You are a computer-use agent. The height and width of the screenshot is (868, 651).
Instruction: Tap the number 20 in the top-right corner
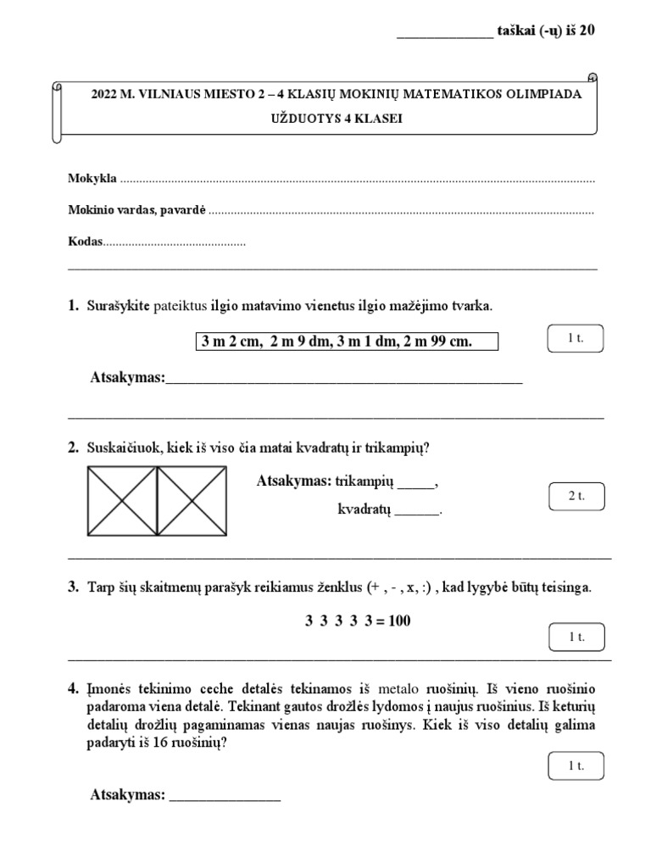click(586, 31)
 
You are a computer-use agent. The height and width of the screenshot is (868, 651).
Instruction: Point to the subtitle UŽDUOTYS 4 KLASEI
click(337, 120)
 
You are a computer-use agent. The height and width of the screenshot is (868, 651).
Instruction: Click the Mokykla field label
click(92, 180)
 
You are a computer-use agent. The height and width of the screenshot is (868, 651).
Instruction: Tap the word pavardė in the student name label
click(180, 211)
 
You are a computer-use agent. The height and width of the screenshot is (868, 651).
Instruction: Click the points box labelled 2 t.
click(576, 496)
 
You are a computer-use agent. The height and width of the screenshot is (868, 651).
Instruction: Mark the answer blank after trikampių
click(415, 485)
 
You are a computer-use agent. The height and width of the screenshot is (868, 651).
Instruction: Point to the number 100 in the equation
click(397, 621)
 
